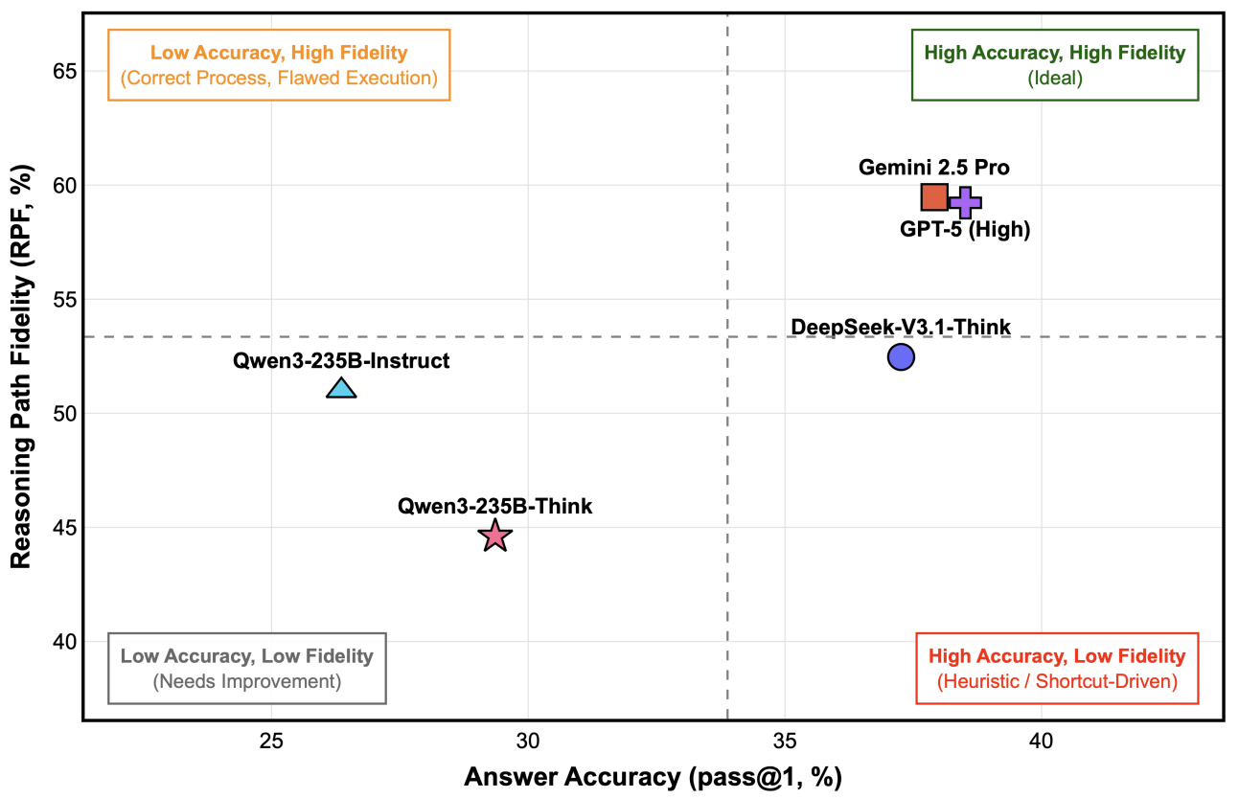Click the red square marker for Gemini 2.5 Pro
pos(934,197)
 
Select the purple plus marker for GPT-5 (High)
pos(965,202)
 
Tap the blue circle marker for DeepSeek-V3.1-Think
pos(901,357)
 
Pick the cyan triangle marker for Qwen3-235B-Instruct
pos(341,388)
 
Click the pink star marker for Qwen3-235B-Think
pos(494,536)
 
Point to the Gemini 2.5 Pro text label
pos(933,169)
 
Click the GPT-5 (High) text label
pos(965,230)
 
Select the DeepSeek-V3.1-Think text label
pos(900,328)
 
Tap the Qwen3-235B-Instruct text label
pos(341,361)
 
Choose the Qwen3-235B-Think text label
pos(495,507)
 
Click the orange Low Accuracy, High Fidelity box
pos(279,65)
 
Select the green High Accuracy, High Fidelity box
pos(1054,65)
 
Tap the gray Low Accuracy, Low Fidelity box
pos(247,669)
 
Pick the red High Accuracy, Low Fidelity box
pos(1057,669)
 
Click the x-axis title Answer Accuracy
pos(653,777)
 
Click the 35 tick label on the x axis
pos(785,742)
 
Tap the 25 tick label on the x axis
pos(271,742)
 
